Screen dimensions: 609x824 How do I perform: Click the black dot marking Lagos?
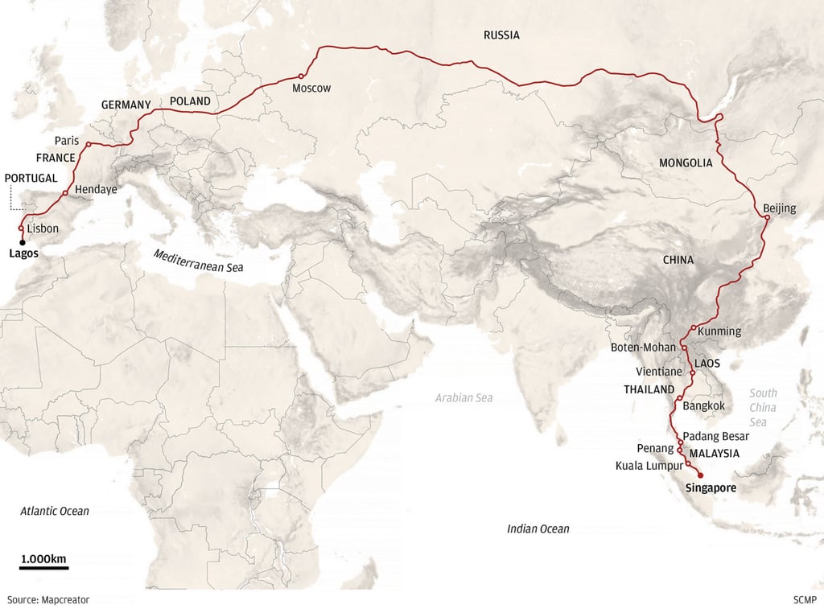(22, 241)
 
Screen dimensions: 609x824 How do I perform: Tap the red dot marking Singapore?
(700, 475)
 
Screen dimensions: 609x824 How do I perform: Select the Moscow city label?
(311, 88)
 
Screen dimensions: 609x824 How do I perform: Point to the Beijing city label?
(779, 208)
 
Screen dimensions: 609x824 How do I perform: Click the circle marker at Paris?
(88, 145)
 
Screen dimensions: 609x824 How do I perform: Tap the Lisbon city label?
(43, 228)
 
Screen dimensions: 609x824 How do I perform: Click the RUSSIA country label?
(501, 35)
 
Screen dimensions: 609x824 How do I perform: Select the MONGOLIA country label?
(686, 163)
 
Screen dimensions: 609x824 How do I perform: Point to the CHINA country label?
(678, 261)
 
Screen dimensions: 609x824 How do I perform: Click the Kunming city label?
(720, 331)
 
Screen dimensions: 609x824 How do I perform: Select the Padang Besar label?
(717, 436)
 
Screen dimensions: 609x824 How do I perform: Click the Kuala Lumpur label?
(649, 466)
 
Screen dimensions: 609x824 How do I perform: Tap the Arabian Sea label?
(463, 397)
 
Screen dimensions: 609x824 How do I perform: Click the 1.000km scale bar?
(43, 567)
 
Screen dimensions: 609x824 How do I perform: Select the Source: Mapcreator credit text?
(48, 599)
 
